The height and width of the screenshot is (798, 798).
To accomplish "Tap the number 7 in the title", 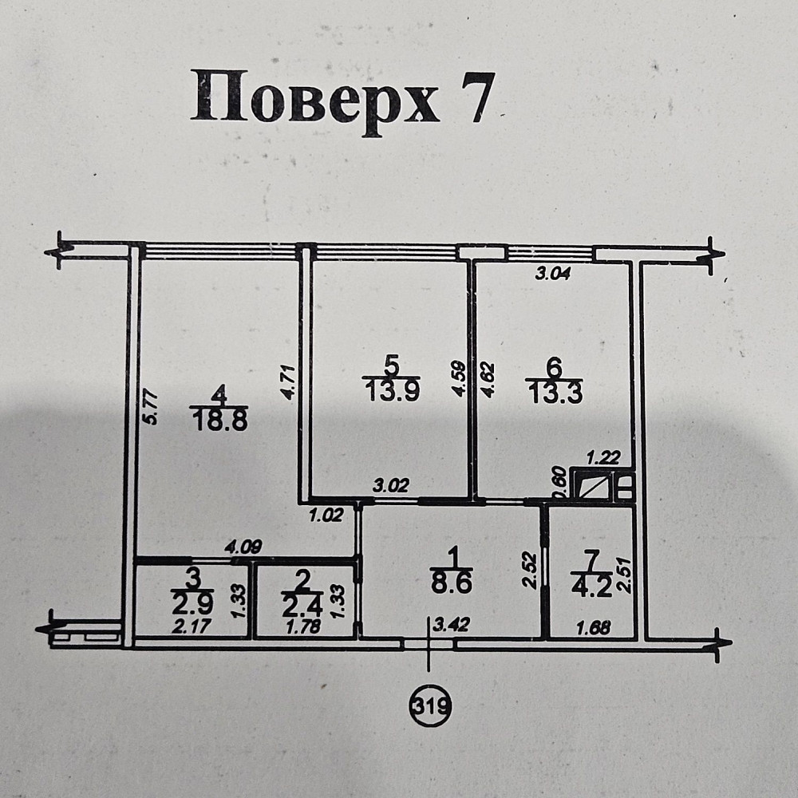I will [x=476, y=97].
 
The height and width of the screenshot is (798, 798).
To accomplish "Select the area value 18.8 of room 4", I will [x=219, y=421].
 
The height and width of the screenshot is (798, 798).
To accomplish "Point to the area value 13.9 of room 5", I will [x=391, y=390].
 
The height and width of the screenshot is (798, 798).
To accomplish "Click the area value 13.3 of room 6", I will [x=554, y=392].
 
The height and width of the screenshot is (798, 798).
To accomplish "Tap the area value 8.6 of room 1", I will [x=452, y=583].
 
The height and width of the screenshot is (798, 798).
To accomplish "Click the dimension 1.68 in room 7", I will [x=593, y=627].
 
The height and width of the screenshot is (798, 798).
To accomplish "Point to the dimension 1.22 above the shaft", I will [x=603, y=458].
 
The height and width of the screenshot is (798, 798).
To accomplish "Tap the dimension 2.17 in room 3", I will [x=191, y=627].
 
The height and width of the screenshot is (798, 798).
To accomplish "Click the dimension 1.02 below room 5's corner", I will [x=327, y=516].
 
